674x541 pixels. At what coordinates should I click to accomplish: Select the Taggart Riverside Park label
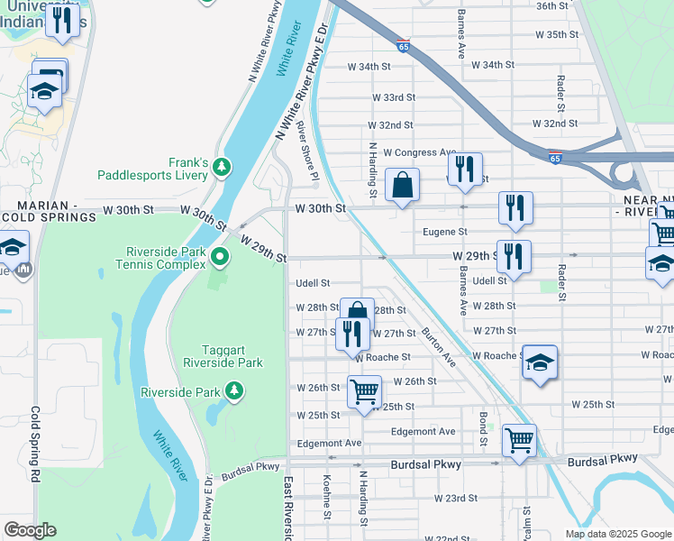coord(217,355)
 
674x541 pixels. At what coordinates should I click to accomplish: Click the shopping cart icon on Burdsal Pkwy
coord(519,441)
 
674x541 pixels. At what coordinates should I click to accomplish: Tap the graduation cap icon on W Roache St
coord(539,362)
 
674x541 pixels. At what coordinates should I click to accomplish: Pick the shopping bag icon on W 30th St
coord(402,186)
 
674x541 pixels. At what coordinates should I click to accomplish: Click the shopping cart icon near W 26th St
coord(364,392)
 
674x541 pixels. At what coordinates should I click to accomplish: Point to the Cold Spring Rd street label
coord(36,444)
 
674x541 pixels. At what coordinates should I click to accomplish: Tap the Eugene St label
coord(444,233)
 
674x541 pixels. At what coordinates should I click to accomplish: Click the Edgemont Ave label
coord(329,443)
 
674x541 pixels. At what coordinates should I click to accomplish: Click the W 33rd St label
coord(393,97)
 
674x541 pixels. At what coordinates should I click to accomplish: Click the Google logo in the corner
coord(31,530)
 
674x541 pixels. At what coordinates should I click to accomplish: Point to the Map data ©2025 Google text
coord(617,534)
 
